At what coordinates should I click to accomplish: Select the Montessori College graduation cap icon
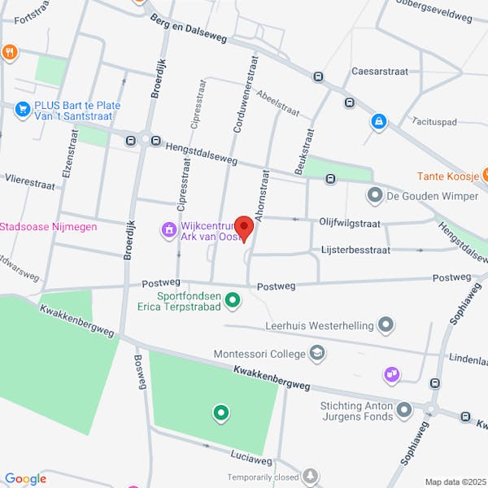point(317,353)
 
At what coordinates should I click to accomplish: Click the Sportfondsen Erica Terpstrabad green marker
point(233,301)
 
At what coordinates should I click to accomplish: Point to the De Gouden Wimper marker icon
point(375,194)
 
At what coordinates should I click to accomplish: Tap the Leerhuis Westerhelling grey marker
point(386,325)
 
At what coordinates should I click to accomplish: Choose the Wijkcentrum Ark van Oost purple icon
point(168,230)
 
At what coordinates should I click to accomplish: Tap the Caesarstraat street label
point(377,72)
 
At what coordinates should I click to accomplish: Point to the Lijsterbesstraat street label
point(355,250)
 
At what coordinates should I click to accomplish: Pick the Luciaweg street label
point(229,460)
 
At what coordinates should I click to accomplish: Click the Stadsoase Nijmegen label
point(49,226)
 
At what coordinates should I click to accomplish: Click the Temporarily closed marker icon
point(311,476)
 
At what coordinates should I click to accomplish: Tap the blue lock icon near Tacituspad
point(378,121)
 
